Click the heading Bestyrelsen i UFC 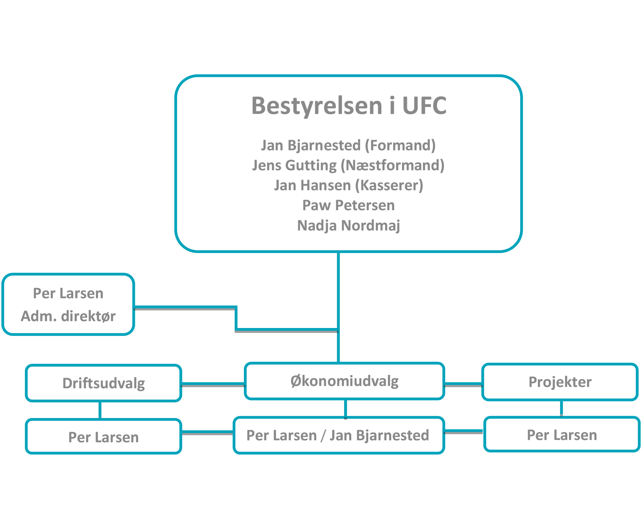349,106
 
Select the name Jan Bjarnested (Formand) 348,145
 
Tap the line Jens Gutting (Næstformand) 348,165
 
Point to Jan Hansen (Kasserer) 349,185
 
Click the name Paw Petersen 348,205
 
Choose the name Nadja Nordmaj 348,226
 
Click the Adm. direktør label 68,316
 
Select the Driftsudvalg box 103,383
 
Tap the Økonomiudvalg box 344,381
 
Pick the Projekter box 560,382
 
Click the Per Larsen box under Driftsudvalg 103,436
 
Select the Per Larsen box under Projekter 562,434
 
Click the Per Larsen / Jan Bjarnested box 339,435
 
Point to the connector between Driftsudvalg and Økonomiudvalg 213,384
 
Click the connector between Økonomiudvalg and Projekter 463,384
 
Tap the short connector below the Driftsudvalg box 100,410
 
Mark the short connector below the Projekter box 561,409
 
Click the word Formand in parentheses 400,145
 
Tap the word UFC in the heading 424,106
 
